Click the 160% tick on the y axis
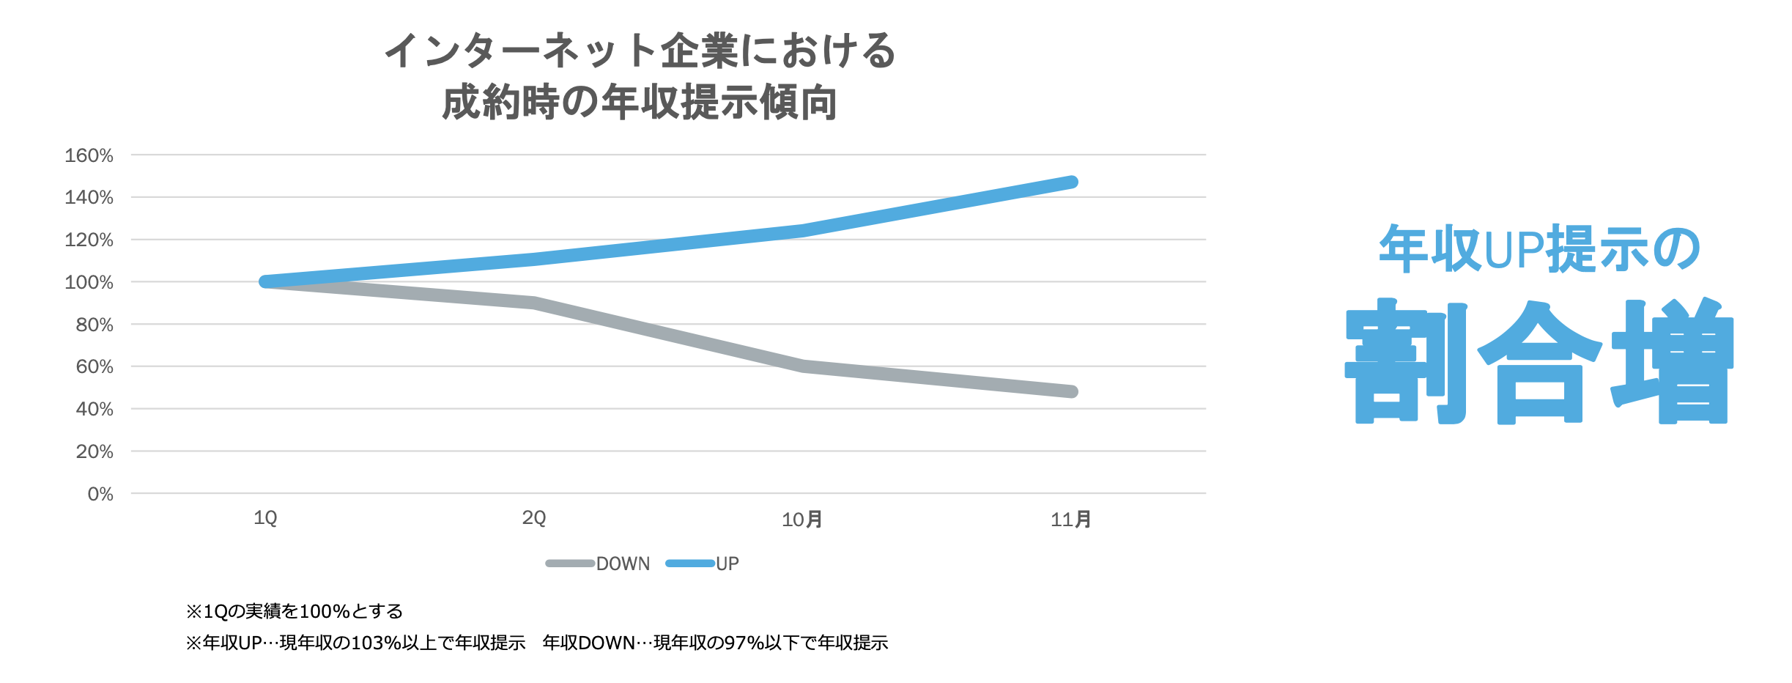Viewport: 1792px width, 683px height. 89,155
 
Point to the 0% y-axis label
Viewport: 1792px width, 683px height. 100,494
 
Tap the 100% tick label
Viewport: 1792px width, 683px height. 89,282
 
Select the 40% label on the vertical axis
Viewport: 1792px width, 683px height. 95,409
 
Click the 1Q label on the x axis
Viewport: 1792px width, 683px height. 265,518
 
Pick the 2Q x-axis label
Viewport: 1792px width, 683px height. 534,518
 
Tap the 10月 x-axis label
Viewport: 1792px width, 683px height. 802,520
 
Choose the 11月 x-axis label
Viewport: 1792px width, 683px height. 1071,520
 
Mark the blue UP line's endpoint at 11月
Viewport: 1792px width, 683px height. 1071,182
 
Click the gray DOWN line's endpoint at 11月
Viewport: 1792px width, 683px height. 1071,391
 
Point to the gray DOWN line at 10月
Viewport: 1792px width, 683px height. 803,366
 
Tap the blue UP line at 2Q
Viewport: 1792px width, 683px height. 534,259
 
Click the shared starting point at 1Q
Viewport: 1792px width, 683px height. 266,281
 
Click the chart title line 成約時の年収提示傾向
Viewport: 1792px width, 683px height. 639,102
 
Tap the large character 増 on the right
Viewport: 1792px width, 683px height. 1672,361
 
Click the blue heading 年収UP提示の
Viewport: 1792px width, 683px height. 1539,249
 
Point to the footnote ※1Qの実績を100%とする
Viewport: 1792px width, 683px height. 295,611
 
